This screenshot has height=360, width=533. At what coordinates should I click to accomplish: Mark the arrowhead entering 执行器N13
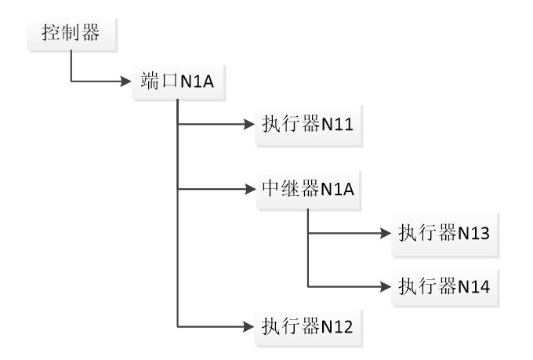pyautogui.click(x=385, y=234)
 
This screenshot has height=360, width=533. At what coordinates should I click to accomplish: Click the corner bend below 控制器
pyautogui.click(x=71, y=81)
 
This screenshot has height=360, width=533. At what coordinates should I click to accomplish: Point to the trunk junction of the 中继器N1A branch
pyautogui.click(x=179, y=190)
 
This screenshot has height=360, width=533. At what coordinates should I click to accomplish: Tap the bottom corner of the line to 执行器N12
pyautogui.click(x=179, y=325)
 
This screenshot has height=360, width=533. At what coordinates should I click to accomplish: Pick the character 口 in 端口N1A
pyautogui.click(x=169, y=82)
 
